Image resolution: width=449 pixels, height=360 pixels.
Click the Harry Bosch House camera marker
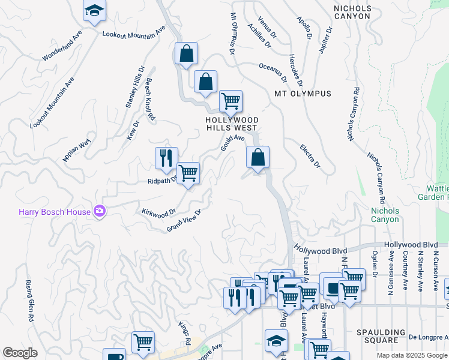100,211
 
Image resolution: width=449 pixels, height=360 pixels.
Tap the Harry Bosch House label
54,211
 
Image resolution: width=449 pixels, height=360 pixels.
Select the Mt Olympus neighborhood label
303,94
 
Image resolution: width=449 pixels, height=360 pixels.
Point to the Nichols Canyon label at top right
353,12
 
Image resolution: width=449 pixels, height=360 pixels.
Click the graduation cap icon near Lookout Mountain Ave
94,10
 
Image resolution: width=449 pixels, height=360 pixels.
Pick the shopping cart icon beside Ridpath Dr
188,173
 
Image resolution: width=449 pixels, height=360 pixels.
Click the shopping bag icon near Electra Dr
258,158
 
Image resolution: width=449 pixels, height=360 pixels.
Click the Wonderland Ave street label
62,46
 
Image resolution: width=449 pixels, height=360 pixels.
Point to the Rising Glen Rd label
28,296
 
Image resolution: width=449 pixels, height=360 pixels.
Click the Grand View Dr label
183,220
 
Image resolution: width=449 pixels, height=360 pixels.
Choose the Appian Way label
76,150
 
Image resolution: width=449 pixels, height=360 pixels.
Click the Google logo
20,353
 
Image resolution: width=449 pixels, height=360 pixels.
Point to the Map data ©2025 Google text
411,355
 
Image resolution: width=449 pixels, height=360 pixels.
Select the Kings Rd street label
184,332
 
